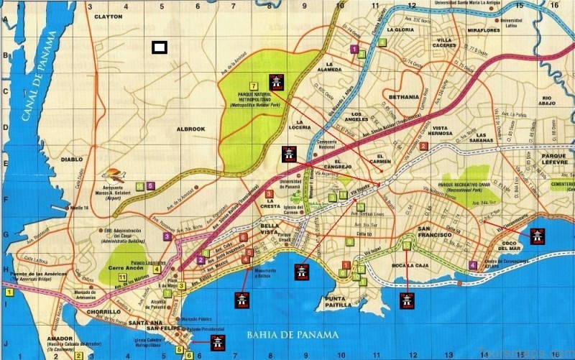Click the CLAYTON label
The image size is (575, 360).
[x=109, y=16]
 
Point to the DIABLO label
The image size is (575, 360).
[x=73, y=160]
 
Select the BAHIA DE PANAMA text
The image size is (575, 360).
[x=287, y=334]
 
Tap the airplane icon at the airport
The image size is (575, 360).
[x=114, y=175]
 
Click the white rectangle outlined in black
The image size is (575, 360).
[x=160, y=47]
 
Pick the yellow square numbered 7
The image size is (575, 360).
[x=254, y=86]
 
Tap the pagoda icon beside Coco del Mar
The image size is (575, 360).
[x=536, y=235]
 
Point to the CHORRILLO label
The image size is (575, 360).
[x=101, y=313]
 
